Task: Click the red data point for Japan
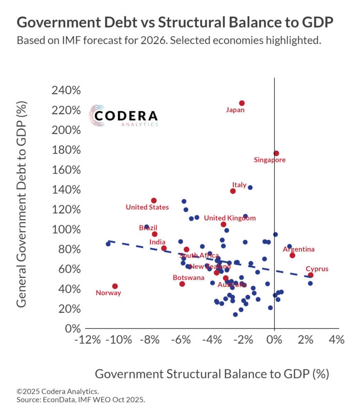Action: coord(242,103)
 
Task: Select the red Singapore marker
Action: coord(276,153)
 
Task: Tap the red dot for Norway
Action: coord(115,286)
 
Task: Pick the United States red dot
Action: coord(154,200)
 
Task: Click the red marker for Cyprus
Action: coord(310,275)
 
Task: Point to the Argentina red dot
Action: coord(292,255)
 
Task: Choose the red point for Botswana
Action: coord(182,284)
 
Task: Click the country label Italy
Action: coord(239,185)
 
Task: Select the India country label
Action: coord(157,242)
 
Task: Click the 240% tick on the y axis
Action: coord(66,91)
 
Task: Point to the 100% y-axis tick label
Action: coord(66,230)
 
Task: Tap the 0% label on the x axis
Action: coord(274,340)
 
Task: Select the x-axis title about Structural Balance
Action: coord(212,374)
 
